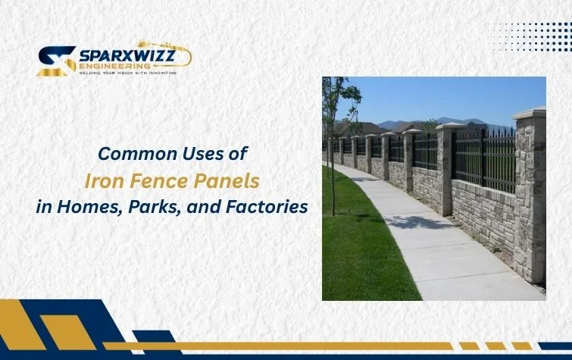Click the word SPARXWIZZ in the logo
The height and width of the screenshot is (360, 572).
pos(127,55)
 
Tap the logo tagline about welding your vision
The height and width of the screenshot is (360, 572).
pos(127,74)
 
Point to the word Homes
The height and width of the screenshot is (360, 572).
pos(80,206)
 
